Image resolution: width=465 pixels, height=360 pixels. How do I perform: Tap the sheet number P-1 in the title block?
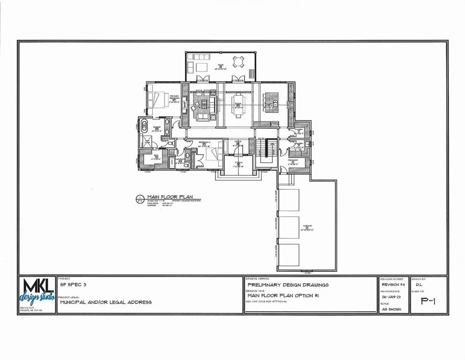(x=428, y=301)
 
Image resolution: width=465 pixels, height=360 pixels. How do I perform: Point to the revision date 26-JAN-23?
(x=391, y=297)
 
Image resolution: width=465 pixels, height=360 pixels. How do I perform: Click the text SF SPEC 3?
(x=73, y=285)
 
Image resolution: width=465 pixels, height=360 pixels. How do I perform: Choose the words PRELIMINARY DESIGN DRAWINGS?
(x=288, y=285)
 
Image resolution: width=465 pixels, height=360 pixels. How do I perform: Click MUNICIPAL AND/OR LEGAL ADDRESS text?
(x=106, y=302)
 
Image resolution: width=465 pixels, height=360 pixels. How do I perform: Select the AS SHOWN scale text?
(x=391, y=309)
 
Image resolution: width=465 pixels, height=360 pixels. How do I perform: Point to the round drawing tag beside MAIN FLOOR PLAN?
(x=139, y=199)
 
